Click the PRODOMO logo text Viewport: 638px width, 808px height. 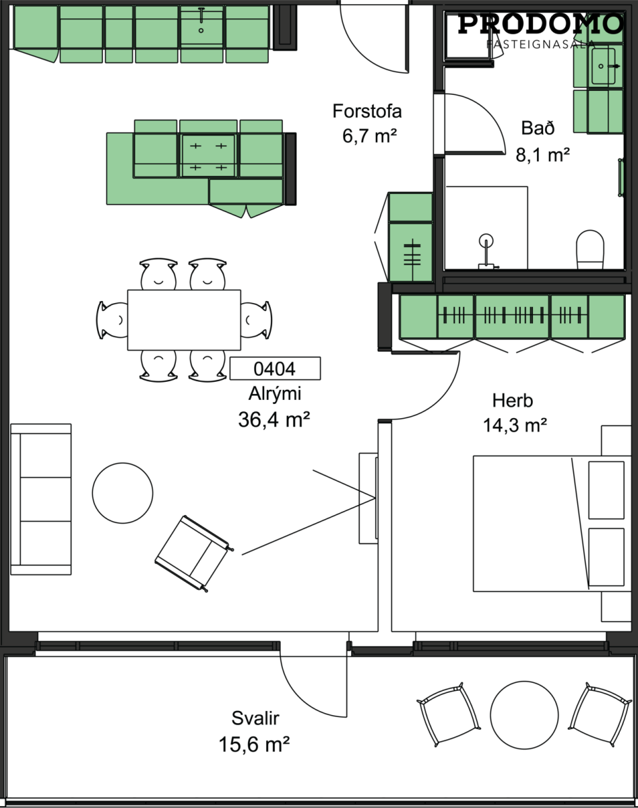[540, 24]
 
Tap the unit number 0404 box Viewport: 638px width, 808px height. [275, 368]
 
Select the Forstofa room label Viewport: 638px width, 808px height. [367, 111]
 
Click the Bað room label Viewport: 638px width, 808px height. [538, 128]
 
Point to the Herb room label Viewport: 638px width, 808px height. [513, 401]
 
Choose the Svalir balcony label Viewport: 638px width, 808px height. [255, 718]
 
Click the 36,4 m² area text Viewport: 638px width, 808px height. [274, 419]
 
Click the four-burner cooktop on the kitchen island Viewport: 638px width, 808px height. [208, 156]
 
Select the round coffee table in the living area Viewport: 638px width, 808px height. [123, 493]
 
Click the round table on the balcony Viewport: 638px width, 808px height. [524, 715]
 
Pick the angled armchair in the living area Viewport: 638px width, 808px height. [193, 553]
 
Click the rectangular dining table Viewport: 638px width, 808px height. [184, 320]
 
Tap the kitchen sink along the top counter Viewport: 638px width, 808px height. [201, 26]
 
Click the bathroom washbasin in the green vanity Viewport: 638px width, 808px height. [603, 66]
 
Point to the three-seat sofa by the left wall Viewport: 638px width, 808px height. [41, 500]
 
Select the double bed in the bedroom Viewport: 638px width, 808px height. [552, 524]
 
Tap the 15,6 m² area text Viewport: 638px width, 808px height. [255, 744]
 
